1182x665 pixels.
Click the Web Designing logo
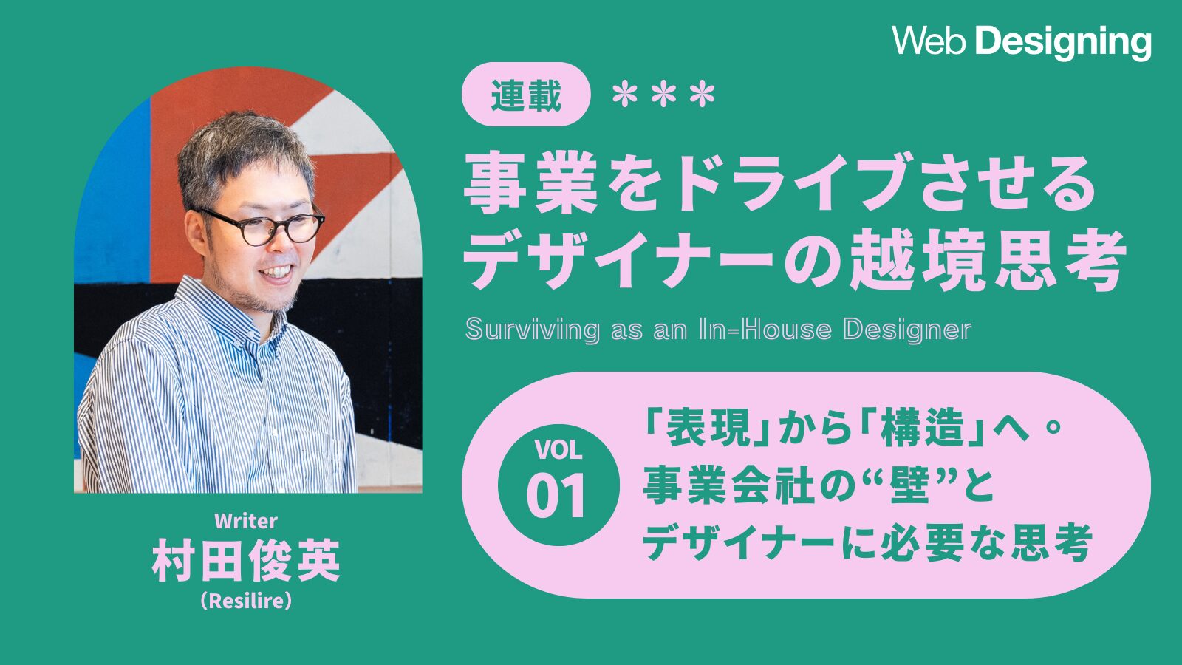[x=1022, y=41]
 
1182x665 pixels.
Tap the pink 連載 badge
[x=525, y=94]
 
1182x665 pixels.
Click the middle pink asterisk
[x=663, y=95]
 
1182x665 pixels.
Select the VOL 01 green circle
[x=558, y=485]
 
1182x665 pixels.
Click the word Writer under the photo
[x=246, y=522]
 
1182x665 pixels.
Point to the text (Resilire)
[x=246, y=601]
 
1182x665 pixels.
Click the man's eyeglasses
[x=262, y=226]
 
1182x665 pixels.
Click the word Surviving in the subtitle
[x=533, y=330]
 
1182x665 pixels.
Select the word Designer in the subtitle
[x=907, y=330]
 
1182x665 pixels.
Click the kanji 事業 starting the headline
[x=531, y=183]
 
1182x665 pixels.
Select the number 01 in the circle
[x=557, y=496]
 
